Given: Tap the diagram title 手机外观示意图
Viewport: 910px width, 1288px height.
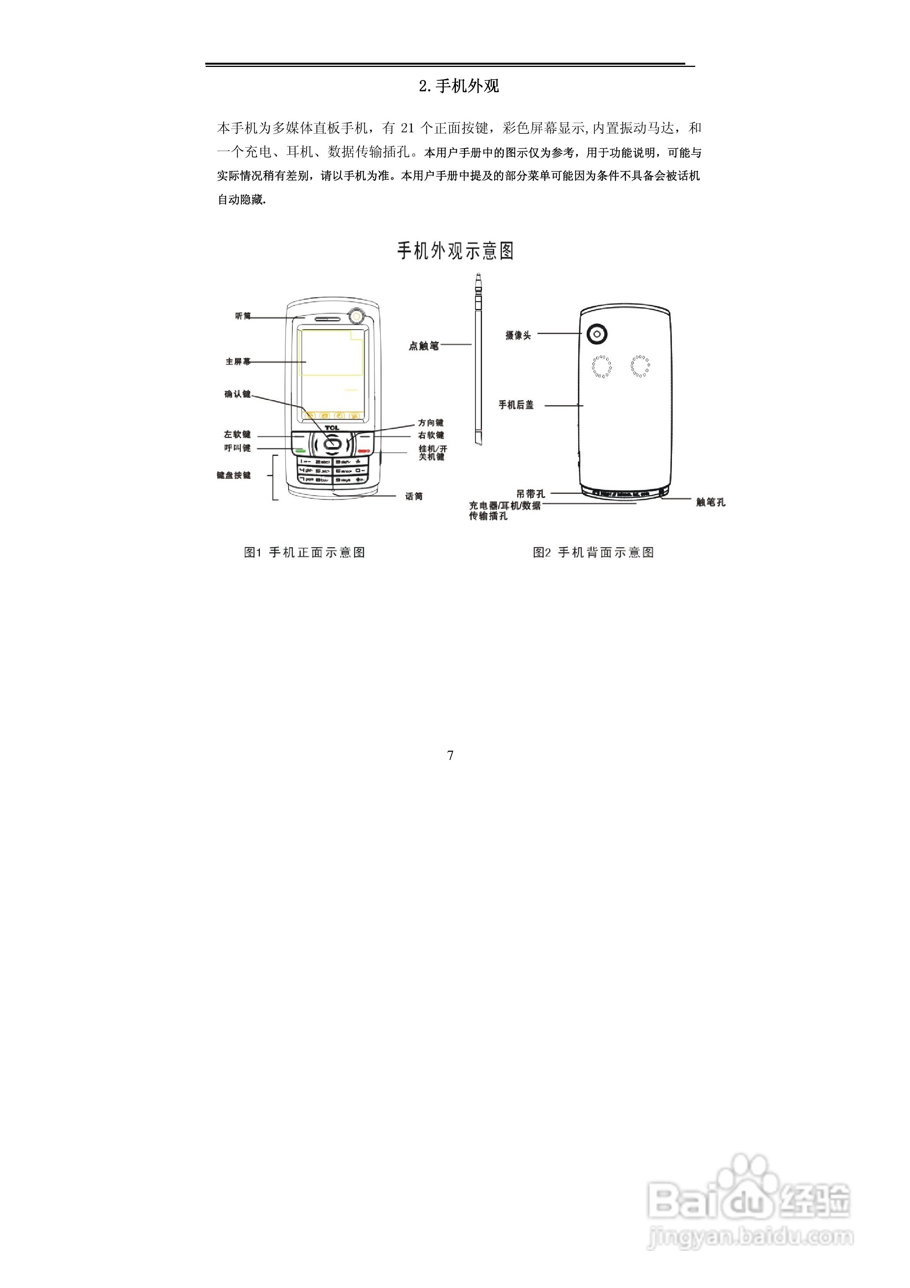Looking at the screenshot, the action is pos(455,251).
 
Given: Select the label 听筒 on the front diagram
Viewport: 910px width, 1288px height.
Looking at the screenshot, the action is pos(243,316).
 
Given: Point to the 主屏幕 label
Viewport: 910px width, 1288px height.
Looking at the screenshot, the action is pos(238,362).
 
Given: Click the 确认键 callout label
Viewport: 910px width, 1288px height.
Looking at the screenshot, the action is pos(237,394).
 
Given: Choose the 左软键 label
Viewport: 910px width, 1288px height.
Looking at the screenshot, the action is pos(237,435).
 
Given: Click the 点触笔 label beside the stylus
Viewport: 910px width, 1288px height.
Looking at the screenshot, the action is pos(423,346).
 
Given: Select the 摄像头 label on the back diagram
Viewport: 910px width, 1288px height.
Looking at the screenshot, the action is pos(518,335).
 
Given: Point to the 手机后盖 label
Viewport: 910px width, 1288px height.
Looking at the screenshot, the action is pos(516,405).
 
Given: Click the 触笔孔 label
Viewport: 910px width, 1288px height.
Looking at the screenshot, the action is pos(710,503).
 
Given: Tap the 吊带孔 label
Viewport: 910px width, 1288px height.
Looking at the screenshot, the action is pos(530,494).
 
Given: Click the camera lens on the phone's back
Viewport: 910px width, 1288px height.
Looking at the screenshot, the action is pos(597,334).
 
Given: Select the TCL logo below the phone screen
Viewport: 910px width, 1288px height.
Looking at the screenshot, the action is pos(332,428).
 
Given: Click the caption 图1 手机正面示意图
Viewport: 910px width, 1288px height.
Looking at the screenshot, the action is pos(305,553).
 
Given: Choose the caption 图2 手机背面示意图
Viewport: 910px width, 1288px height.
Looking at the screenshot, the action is pos(593,553).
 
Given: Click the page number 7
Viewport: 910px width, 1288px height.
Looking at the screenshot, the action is pos(450,756).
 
